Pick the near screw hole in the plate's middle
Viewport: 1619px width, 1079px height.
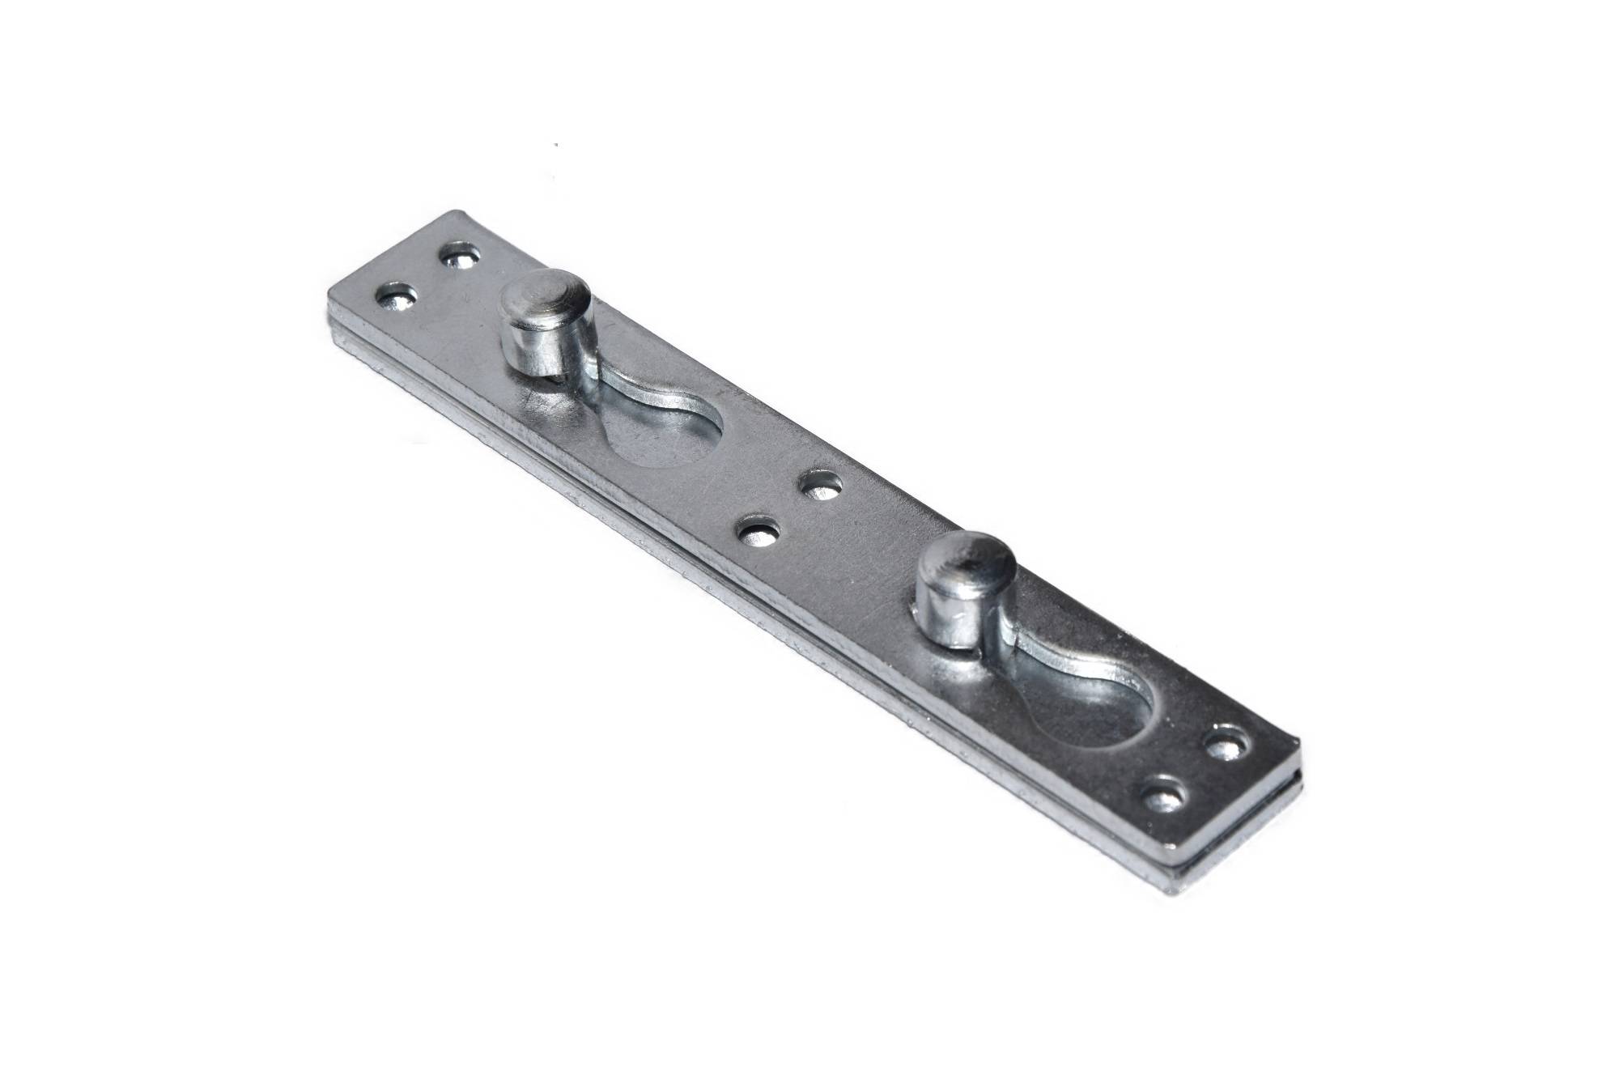coord(762,534)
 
